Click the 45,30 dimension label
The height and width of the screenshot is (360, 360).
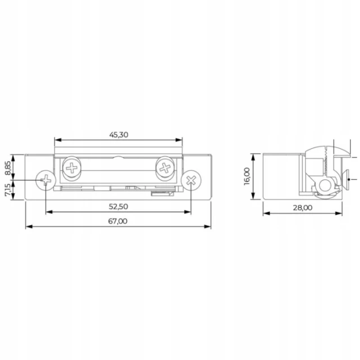(x=119, y=135)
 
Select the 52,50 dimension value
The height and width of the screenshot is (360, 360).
(x=118, y=206)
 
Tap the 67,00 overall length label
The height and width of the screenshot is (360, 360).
(x=118, y=221)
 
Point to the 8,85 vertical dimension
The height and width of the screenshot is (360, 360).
(x=7, y=168)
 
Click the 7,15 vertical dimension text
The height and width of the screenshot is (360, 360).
(x=7, y=190)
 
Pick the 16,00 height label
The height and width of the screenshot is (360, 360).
(x=247, y=176)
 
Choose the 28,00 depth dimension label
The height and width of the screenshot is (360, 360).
(x=303, y=208)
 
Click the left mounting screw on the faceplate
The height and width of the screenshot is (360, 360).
(x=46, y=180)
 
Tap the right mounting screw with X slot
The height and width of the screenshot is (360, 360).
(x=191, y=180)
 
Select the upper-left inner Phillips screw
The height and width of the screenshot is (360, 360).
(x=72, y=168)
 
